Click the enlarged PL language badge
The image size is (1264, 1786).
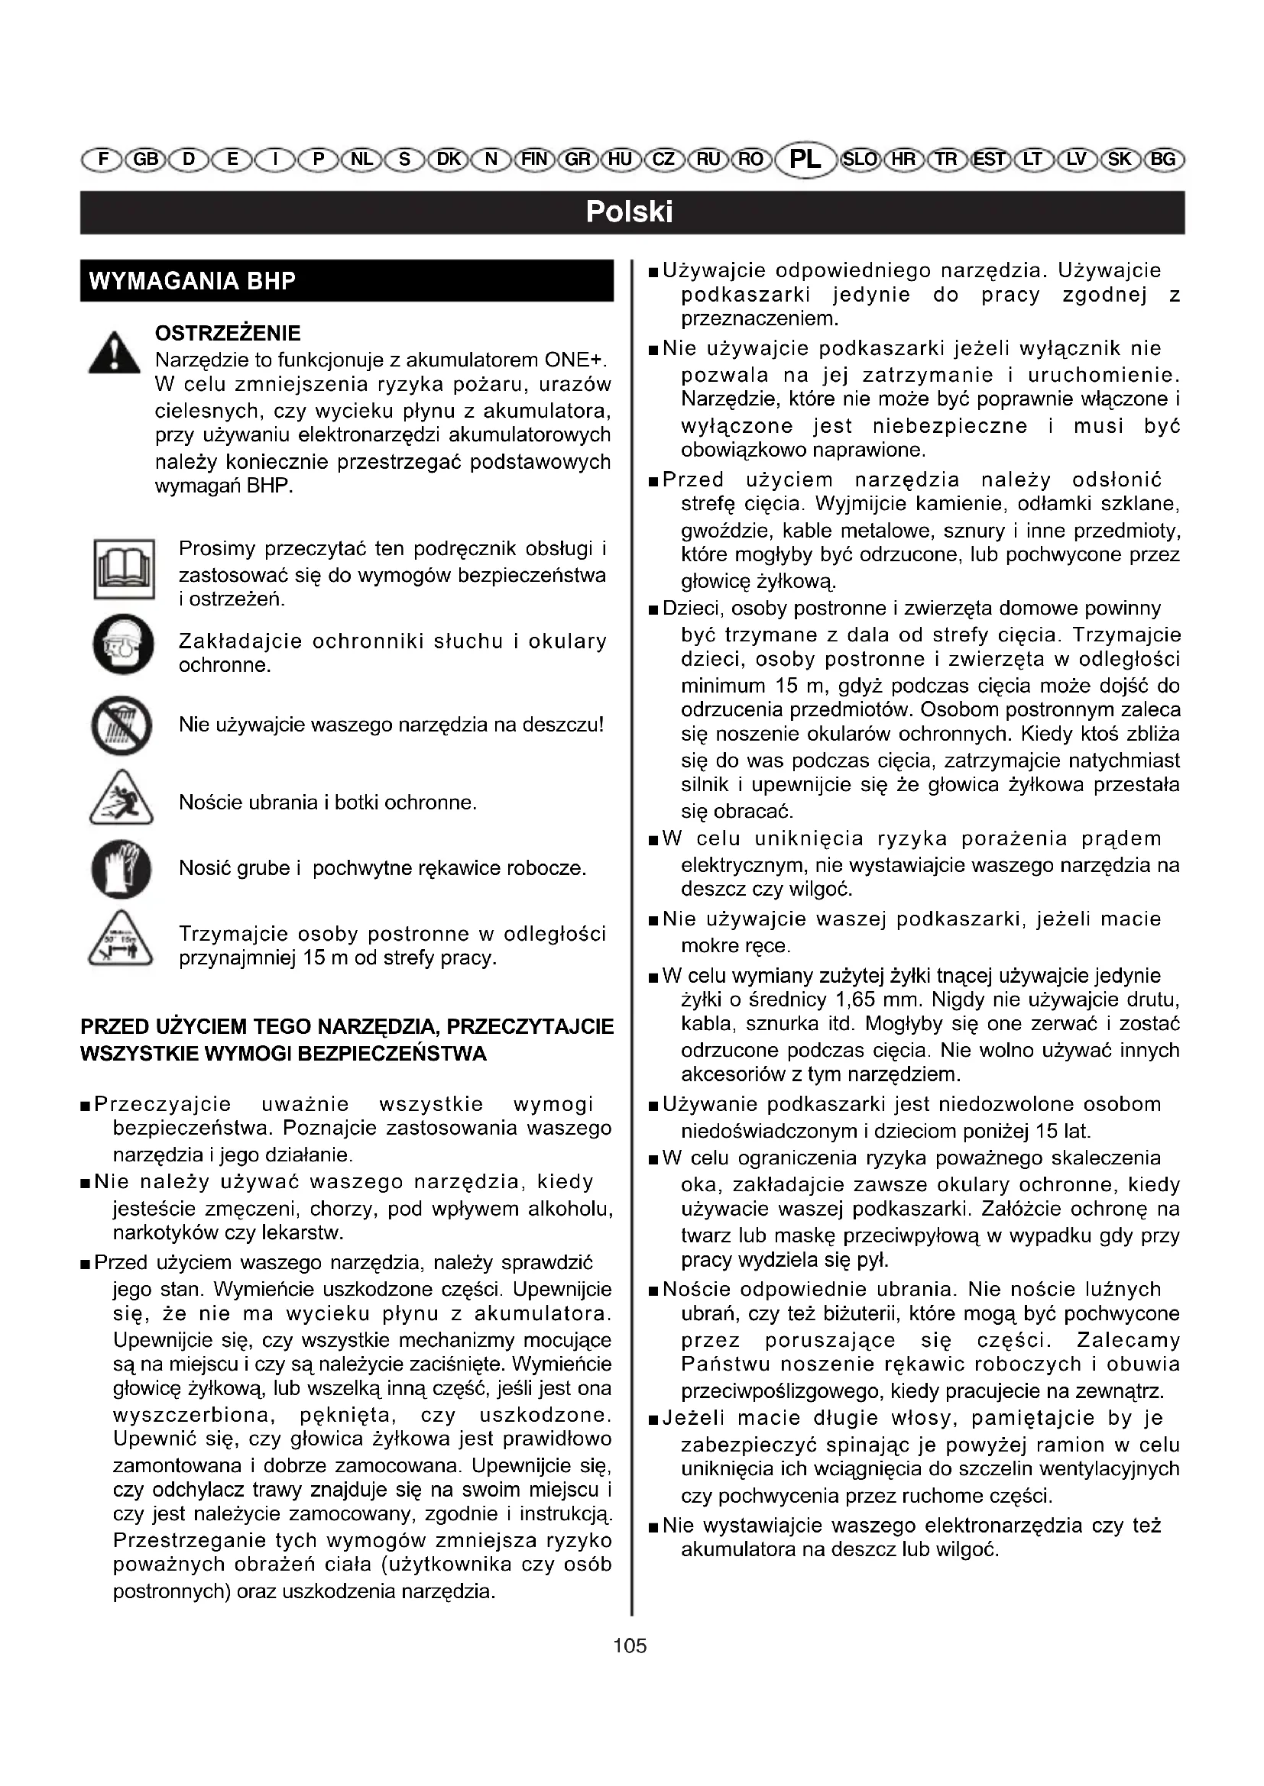click(805, 160)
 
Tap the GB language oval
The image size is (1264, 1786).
click(144, 160)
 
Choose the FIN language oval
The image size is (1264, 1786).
click(534, 160)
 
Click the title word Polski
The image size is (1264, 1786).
click(630, 212)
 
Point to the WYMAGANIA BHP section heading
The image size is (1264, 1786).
click(193, 281)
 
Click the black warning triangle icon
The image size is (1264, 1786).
click(115, 354)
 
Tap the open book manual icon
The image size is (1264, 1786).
click(124, 569)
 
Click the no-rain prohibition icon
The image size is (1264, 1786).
click(121, 725)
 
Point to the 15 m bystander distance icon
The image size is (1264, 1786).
click(121, 939)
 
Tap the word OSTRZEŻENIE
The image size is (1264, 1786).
click(228, 334)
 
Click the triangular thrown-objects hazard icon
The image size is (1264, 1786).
click(121, 799)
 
